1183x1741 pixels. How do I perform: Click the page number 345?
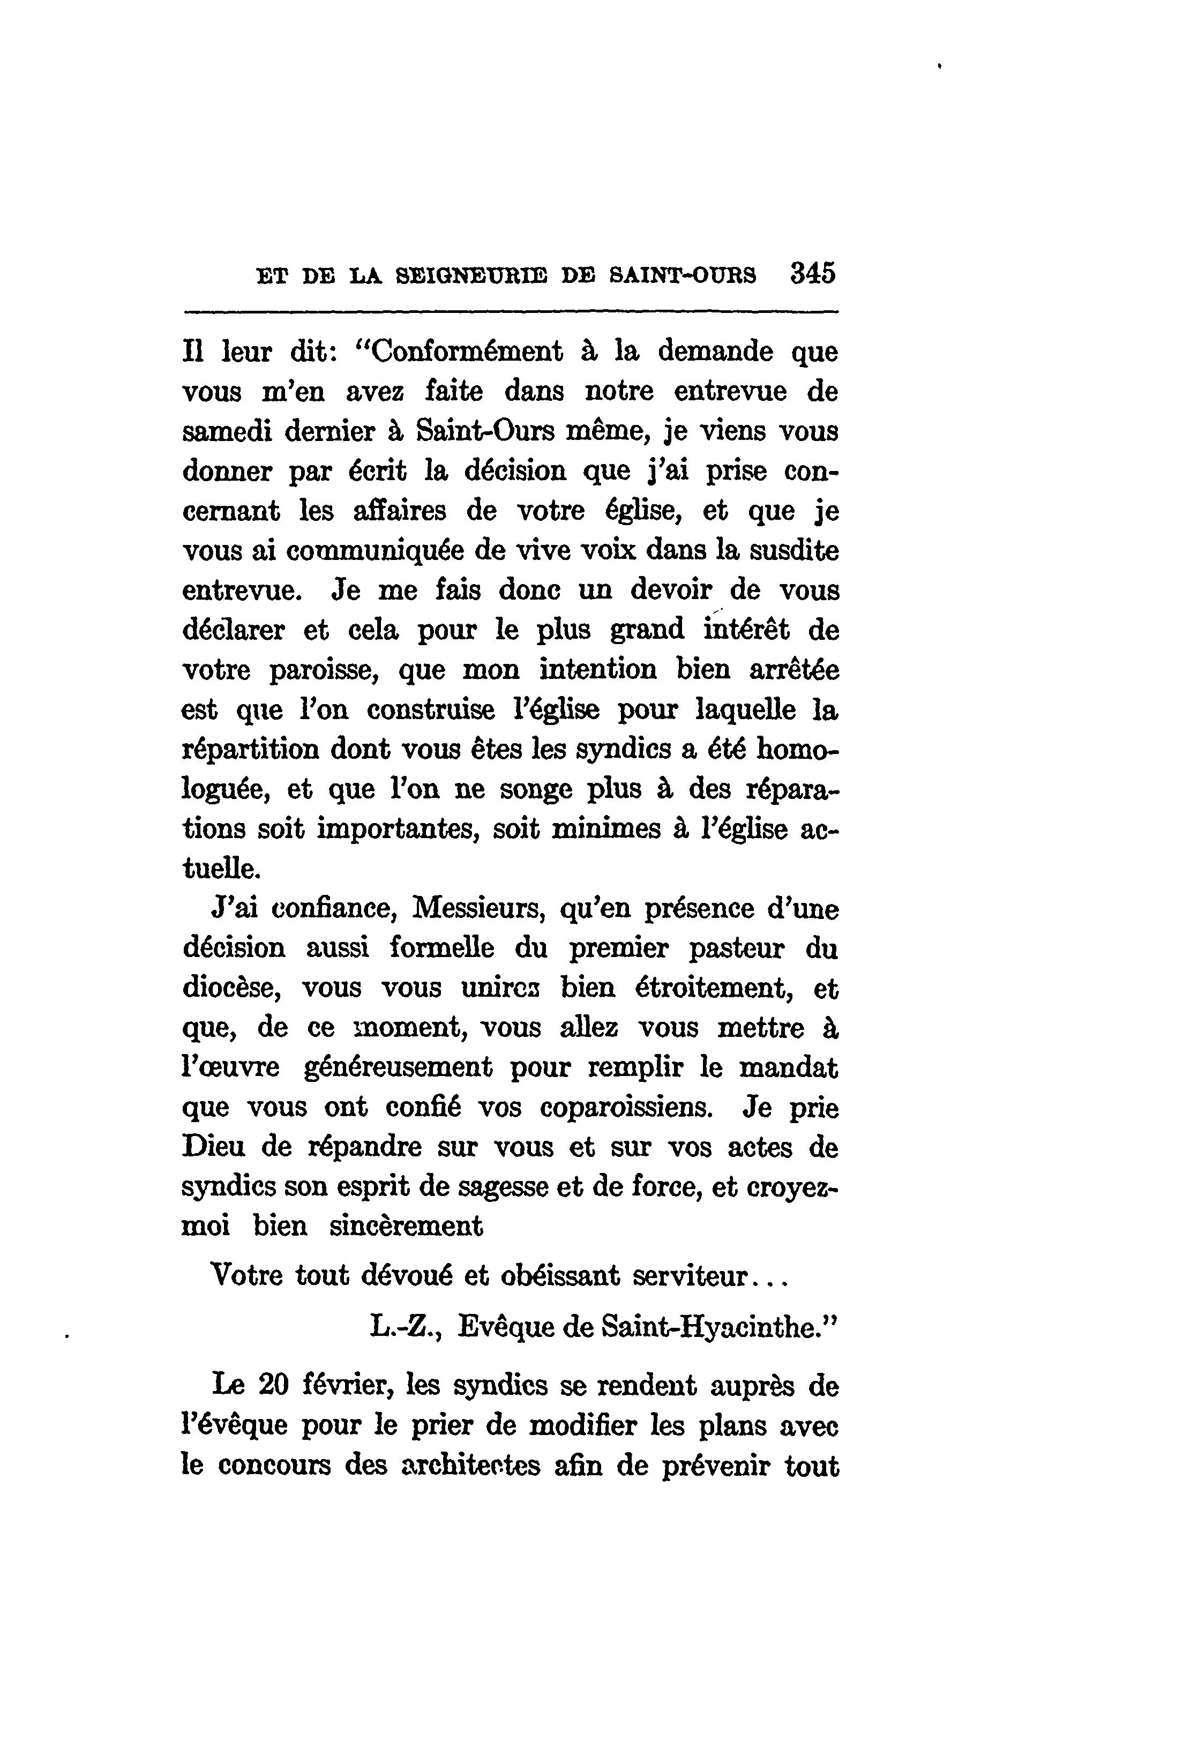812,273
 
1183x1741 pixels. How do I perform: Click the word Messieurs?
480,909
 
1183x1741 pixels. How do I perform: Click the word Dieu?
214,1147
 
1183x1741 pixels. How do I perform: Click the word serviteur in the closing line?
690,1275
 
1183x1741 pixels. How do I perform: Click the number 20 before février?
273,1385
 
